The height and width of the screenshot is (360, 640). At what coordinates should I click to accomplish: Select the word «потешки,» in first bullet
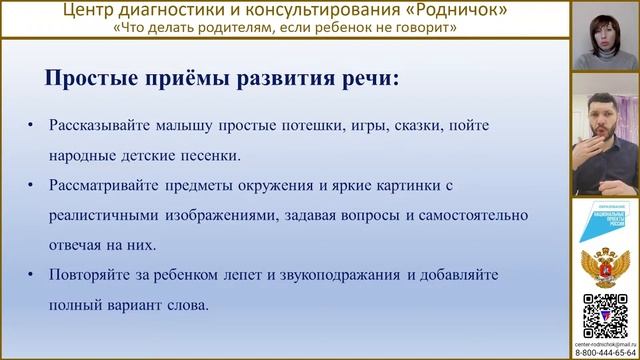click(x=293, y=126)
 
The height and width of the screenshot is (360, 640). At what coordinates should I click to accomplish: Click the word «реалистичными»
click(x=107, y=214)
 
